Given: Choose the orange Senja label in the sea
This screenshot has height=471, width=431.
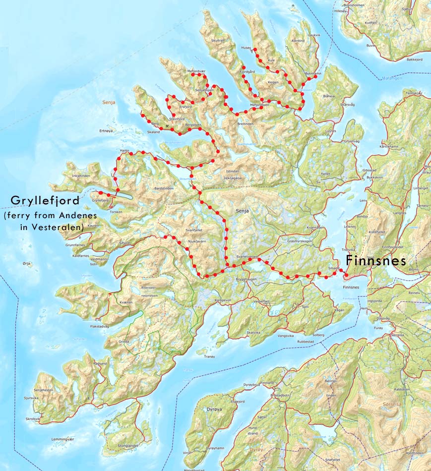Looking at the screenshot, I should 108,103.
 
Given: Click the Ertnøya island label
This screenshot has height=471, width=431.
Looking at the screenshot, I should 107,131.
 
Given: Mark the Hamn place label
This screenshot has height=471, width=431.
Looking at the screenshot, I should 124,150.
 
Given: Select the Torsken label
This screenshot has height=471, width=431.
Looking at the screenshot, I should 115,212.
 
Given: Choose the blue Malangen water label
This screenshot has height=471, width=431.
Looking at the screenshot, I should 391,78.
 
